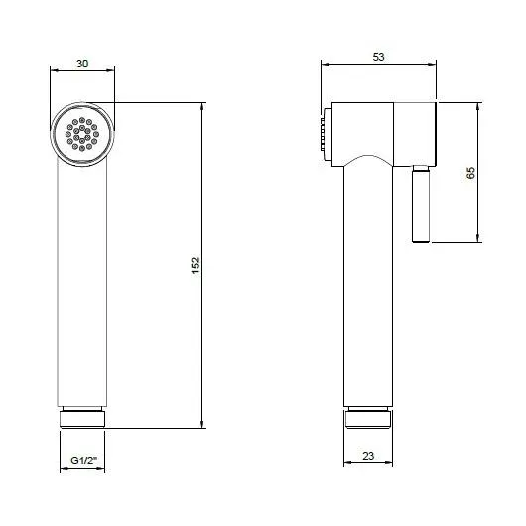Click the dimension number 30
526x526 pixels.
(82, 64)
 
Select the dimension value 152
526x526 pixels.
(196, 265)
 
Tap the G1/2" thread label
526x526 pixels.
(83, 460)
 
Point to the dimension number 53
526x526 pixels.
(378, 57)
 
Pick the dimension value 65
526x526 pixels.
(471, 172)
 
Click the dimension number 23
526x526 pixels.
(368, 456)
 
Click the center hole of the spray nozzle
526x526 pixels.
(82, 134)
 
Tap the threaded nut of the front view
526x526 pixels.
(82, 417)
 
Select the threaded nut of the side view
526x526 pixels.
(368, 418)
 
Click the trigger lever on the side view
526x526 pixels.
(421, 203)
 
